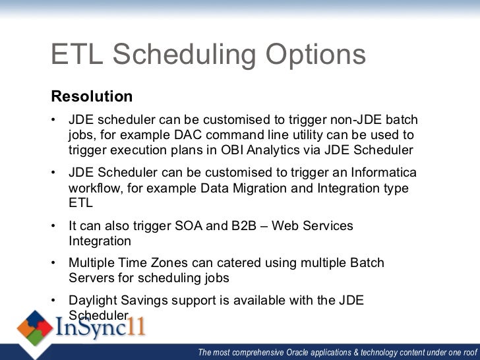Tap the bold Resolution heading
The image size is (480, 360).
92,97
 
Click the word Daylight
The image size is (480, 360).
95,301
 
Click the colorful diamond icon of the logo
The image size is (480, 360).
35,328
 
